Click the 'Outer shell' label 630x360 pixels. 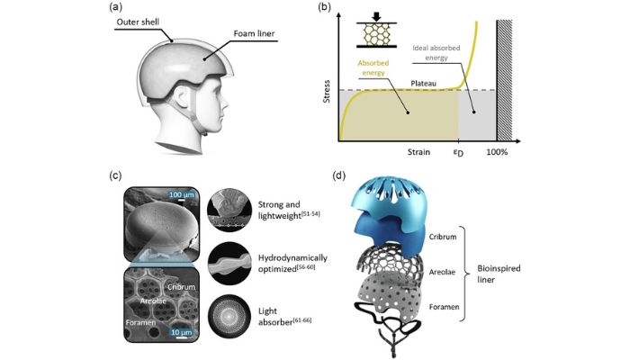tap(138, 22)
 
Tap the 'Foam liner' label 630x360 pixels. tap(254, 33)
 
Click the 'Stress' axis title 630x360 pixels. tap(327, 92)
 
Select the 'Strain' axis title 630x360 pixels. tap(418, 152)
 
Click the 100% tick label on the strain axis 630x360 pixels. tap(497, 152)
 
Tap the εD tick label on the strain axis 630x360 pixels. tap(458, 153)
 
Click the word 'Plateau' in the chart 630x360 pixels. tap(424, 84)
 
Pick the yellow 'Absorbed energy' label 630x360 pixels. tap(373, 67)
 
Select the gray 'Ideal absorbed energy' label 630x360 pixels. tap(436, 52)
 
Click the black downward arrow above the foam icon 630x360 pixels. tap(376, 16)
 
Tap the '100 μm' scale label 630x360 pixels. tap(181, 194)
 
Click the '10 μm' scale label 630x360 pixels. tap(181, 332)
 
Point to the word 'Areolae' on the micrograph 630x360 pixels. tap(153, 301)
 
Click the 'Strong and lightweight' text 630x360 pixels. tap(289, 210)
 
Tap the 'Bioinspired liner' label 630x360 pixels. tap(499, 274)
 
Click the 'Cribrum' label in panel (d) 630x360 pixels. tap(443, 237)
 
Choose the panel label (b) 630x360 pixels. tap(324, 7)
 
